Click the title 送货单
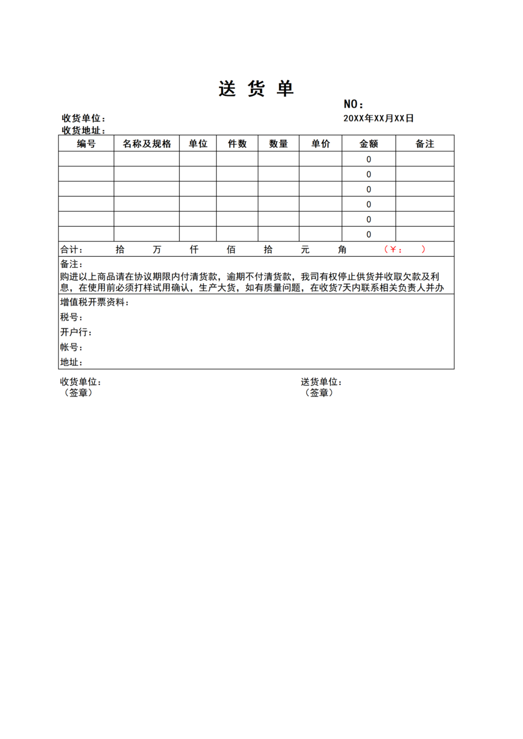pyautogui.click(x=256, y=89)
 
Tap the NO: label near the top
pyautogui.click(x=353, y=104)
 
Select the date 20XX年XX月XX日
pyautogui.click(x=378, y=118)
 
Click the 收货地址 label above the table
pyautogui.click(x=83, y=130)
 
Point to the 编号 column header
pyautogui.click(x=86, y=144)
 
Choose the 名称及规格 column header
pyautogui.click(x=147, y=144)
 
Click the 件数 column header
pyautogui.click(x=237, y=144)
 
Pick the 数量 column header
pyautogui.click(x=278, y=144)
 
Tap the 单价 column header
pyautogui.click(x=320, y=144)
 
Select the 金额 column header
pyautogui.click(x=369, y=144)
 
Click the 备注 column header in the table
pyautogui.click(x=425, y=144)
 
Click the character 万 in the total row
pyautogui.click(x=157, y=250)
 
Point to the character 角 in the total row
pyautogui.click(x=342, y=250)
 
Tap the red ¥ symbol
pyautogui.click(x=393, y=250)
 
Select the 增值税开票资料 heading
pyautogui.click(x=94, y=302)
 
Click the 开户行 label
pyautogui.click(x=76, y=332)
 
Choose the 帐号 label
pyautogui.click(x=71, y=347)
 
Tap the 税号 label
pyautogui.click(x=71, y=317)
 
